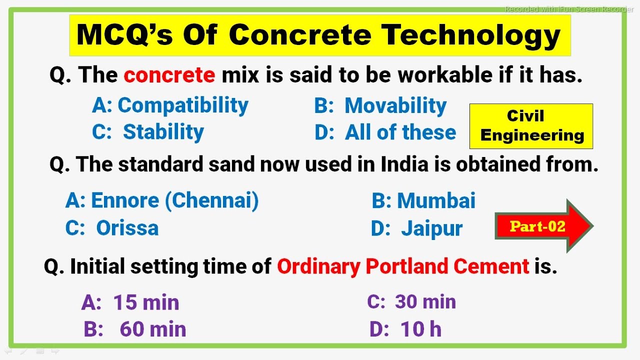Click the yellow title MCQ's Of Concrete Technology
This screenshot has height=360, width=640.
tap(319, 35)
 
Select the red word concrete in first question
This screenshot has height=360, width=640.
tap(169, 75)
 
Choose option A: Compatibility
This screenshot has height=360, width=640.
tap(170, 105)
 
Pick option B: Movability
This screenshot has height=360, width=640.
tap(380, 105)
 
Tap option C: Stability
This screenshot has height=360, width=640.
tap(148, 132)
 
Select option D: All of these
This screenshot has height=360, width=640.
tap(385, 132)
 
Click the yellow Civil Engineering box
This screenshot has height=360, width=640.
tap(531, 126)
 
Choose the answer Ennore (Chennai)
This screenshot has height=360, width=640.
tap(162, 200)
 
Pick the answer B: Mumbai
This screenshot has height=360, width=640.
tap(423, 200)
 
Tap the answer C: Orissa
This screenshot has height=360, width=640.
tap(112, 228)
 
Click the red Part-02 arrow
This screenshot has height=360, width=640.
tap(542, 226)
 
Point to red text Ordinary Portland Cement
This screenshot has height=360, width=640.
tap(403, 266)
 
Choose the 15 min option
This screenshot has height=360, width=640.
tap(130, 302)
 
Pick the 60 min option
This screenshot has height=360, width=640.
tap(135, 329)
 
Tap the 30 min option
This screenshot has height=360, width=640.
tap(411, 302)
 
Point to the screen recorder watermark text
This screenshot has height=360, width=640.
tap(568, 9)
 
